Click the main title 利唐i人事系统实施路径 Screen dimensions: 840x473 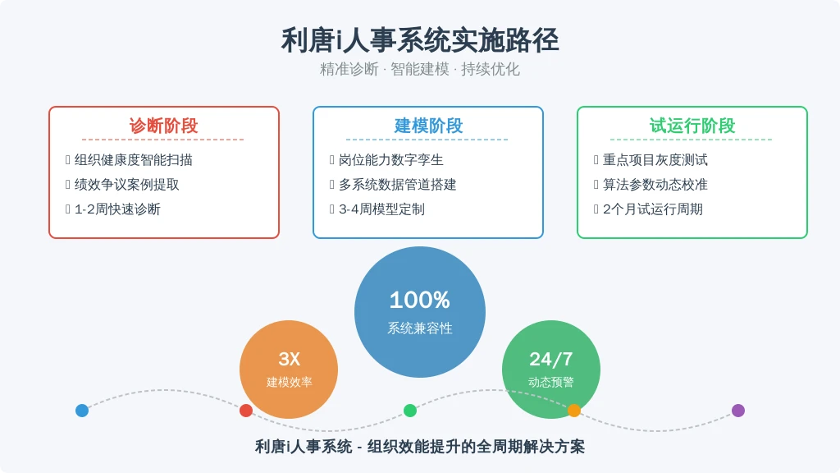coord(420,40)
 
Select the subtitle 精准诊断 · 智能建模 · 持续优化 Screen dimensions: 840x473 coord(420,69)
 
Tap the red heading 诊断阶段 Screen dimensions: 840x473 coord(163,126)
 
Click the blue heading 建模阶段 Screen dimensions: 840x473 coord(428,126)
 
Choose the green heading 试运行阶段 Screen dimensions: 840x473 coord(692,126)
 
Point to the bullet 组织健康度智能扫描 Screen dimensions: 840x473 coord(134,160)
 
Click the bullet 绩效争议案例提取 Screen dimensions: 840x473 coord(127,185)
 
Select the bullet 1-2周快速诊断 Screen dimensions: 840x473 coord(117,209)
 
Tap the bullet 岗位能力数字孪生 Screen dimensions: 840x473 coord(391,160)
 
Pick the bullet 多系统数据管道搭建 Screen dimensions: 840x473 coord(398,185)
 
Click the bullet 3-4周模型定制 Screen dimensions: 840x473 coord(381,209)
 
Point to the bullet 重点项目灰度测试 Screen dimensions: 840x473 coord(655,160)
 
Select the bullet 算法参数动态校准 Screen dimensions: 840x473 coord(655,185)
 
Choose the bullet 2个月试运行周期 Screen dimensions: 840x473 coord(652,209)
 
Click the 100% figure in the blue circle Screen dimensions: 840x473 coord(419,300)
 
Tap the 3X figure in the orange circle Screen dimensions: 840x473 coord(290,359)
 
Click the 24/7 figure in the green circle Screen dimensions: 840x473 coord(550,359)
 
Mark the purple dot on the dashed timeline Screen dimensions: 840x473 coord(738,411)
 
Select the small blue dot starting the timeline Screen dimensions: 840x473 coord(82,411)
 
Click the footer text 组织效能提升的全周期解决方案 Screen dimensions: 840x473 coord(476,446)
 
